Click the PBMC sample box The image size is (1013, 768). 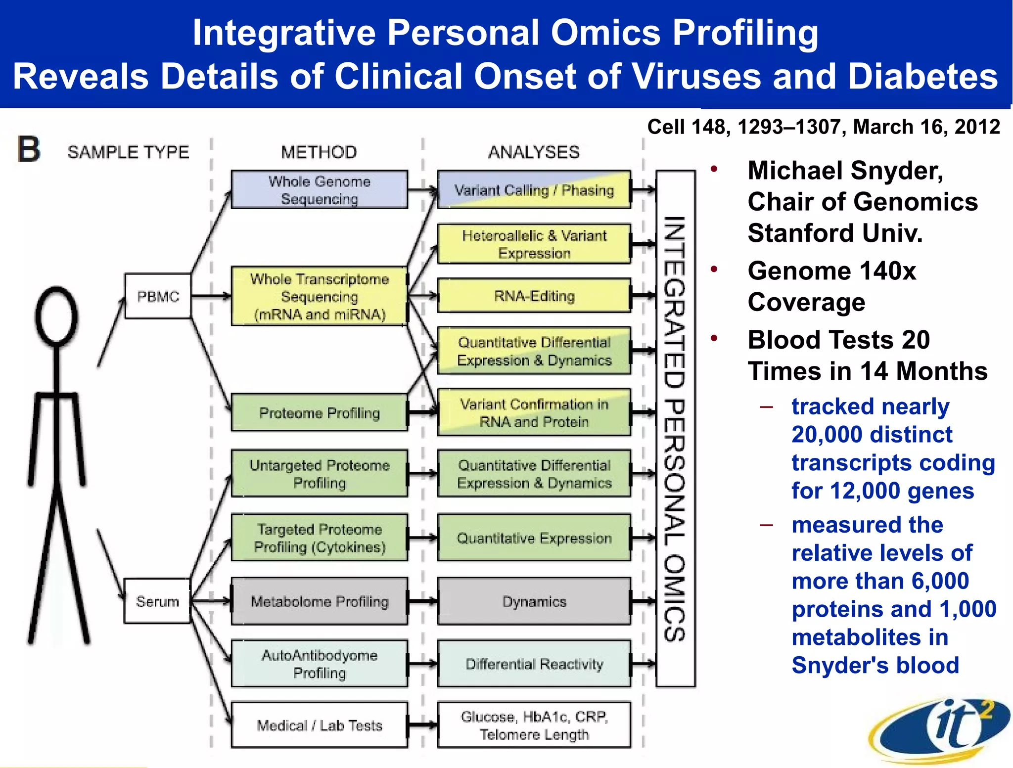click(x=158, y=296)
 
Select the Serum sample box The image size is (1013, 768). click(x=157, y=601)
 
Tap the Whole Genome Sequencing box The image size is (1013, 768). click(x=320, y=190)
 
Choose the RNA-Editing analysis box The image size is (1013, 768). click(x=534, y=296)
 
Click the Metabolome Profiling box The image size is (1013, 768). click(x=320, y=601)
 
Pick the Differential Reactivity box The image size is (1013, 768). click(x=534, y=664)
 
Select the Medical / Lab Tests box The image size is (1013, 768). click(x=320, y=725)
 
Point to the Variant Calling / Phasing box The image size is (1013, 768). click(x=534, y=190)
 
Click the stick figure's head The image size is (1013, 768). click(x=57, y=316)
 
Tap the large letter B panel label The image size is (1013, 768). click(x=29, y=149)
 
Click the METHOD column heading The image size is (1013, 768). click(x=319, y=152)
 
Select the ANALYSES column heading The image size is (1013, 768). click(x=534, y=152)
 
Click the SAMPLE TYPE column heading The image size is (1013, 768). click(x=129, y=152)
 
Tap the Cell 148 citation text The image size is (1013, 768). click(x=823, y=127)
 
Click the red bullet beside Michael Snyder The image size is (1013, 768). click(x=714, y=170)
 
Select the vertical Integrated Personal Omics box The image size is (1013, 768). click(x=675, y=428)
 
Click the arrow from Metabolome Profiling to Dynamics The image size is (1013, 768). click(x=422, y=601)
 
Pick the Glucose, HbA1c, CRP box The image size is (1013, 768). click(x=534, y=725)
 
